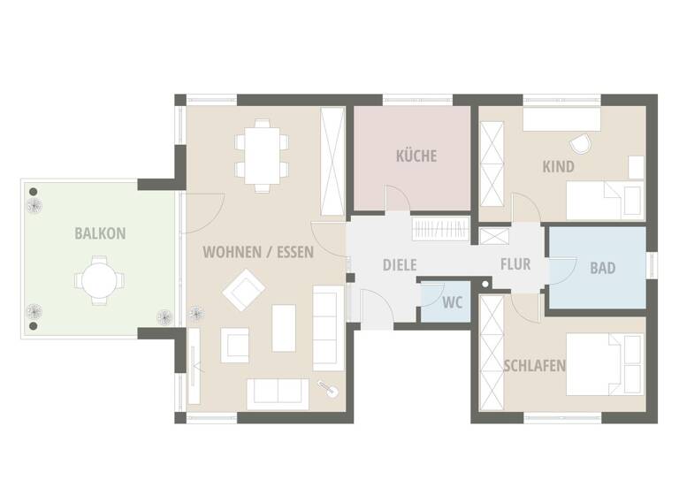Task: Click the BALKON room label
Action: [x=100, y=234]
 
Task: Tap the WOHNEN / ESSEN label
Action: [x=258, y=252]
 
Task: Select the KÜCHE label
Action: [x=416, y=156]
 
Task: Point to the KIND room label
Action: [x=558, y=166]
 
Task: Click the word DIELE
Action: [x=400, y=264]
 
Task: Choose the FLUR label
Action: [x=515, y=264]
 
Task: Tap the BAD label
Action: [x=602, y=268]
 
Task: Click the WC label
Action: [x=453, y=303]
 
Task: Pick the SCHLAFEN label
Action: [x=535, y=365]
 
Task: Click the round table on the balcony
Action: [x=95, y=280]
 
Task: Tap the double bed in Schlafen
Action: [x=606, y=364]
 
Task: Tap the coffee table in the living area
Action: [x=284, y=328]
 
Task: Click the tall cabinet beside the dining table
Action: [x=332, y=160]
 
